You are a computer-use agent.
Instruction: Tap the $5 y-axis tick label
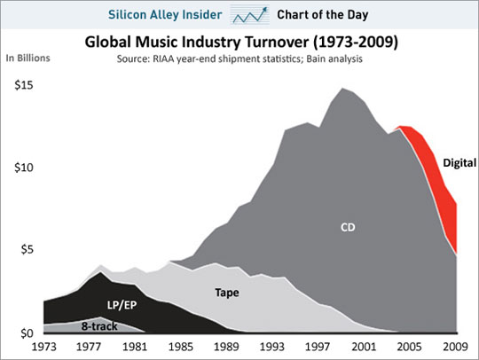coord(24,250)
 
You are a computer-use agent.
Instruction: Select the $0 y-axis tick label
coord(24,333)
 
